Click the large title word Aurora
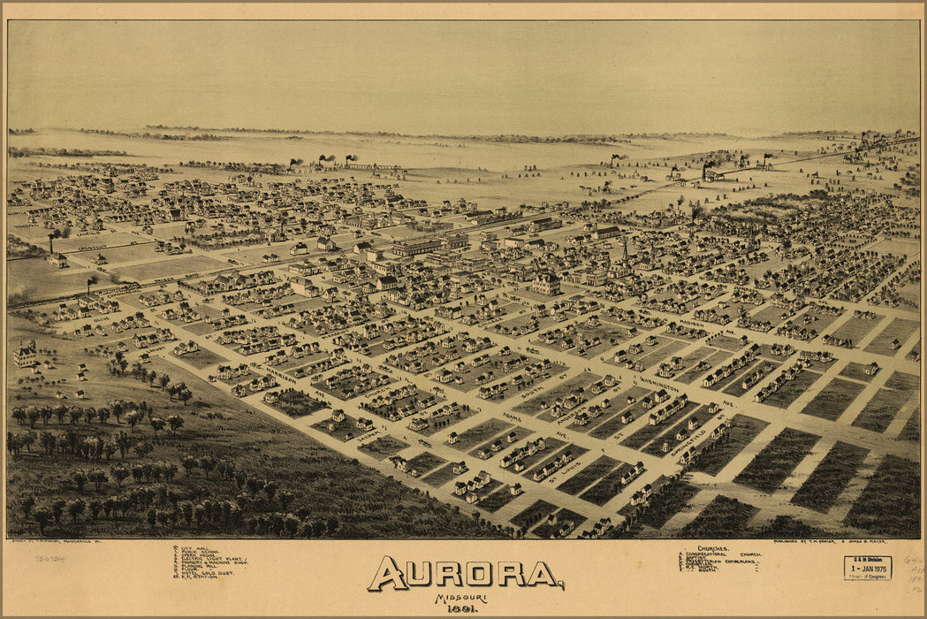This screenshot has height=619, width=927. (466, 575)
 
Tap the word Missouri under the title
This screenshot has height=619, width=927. (453, 597)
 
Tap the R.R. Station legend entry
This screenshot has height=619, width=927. (198, 577)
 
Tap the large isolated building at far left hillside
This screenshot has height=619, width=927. (25, 355)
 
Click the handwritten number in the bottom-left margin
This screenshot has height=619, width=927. (50, 559)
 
